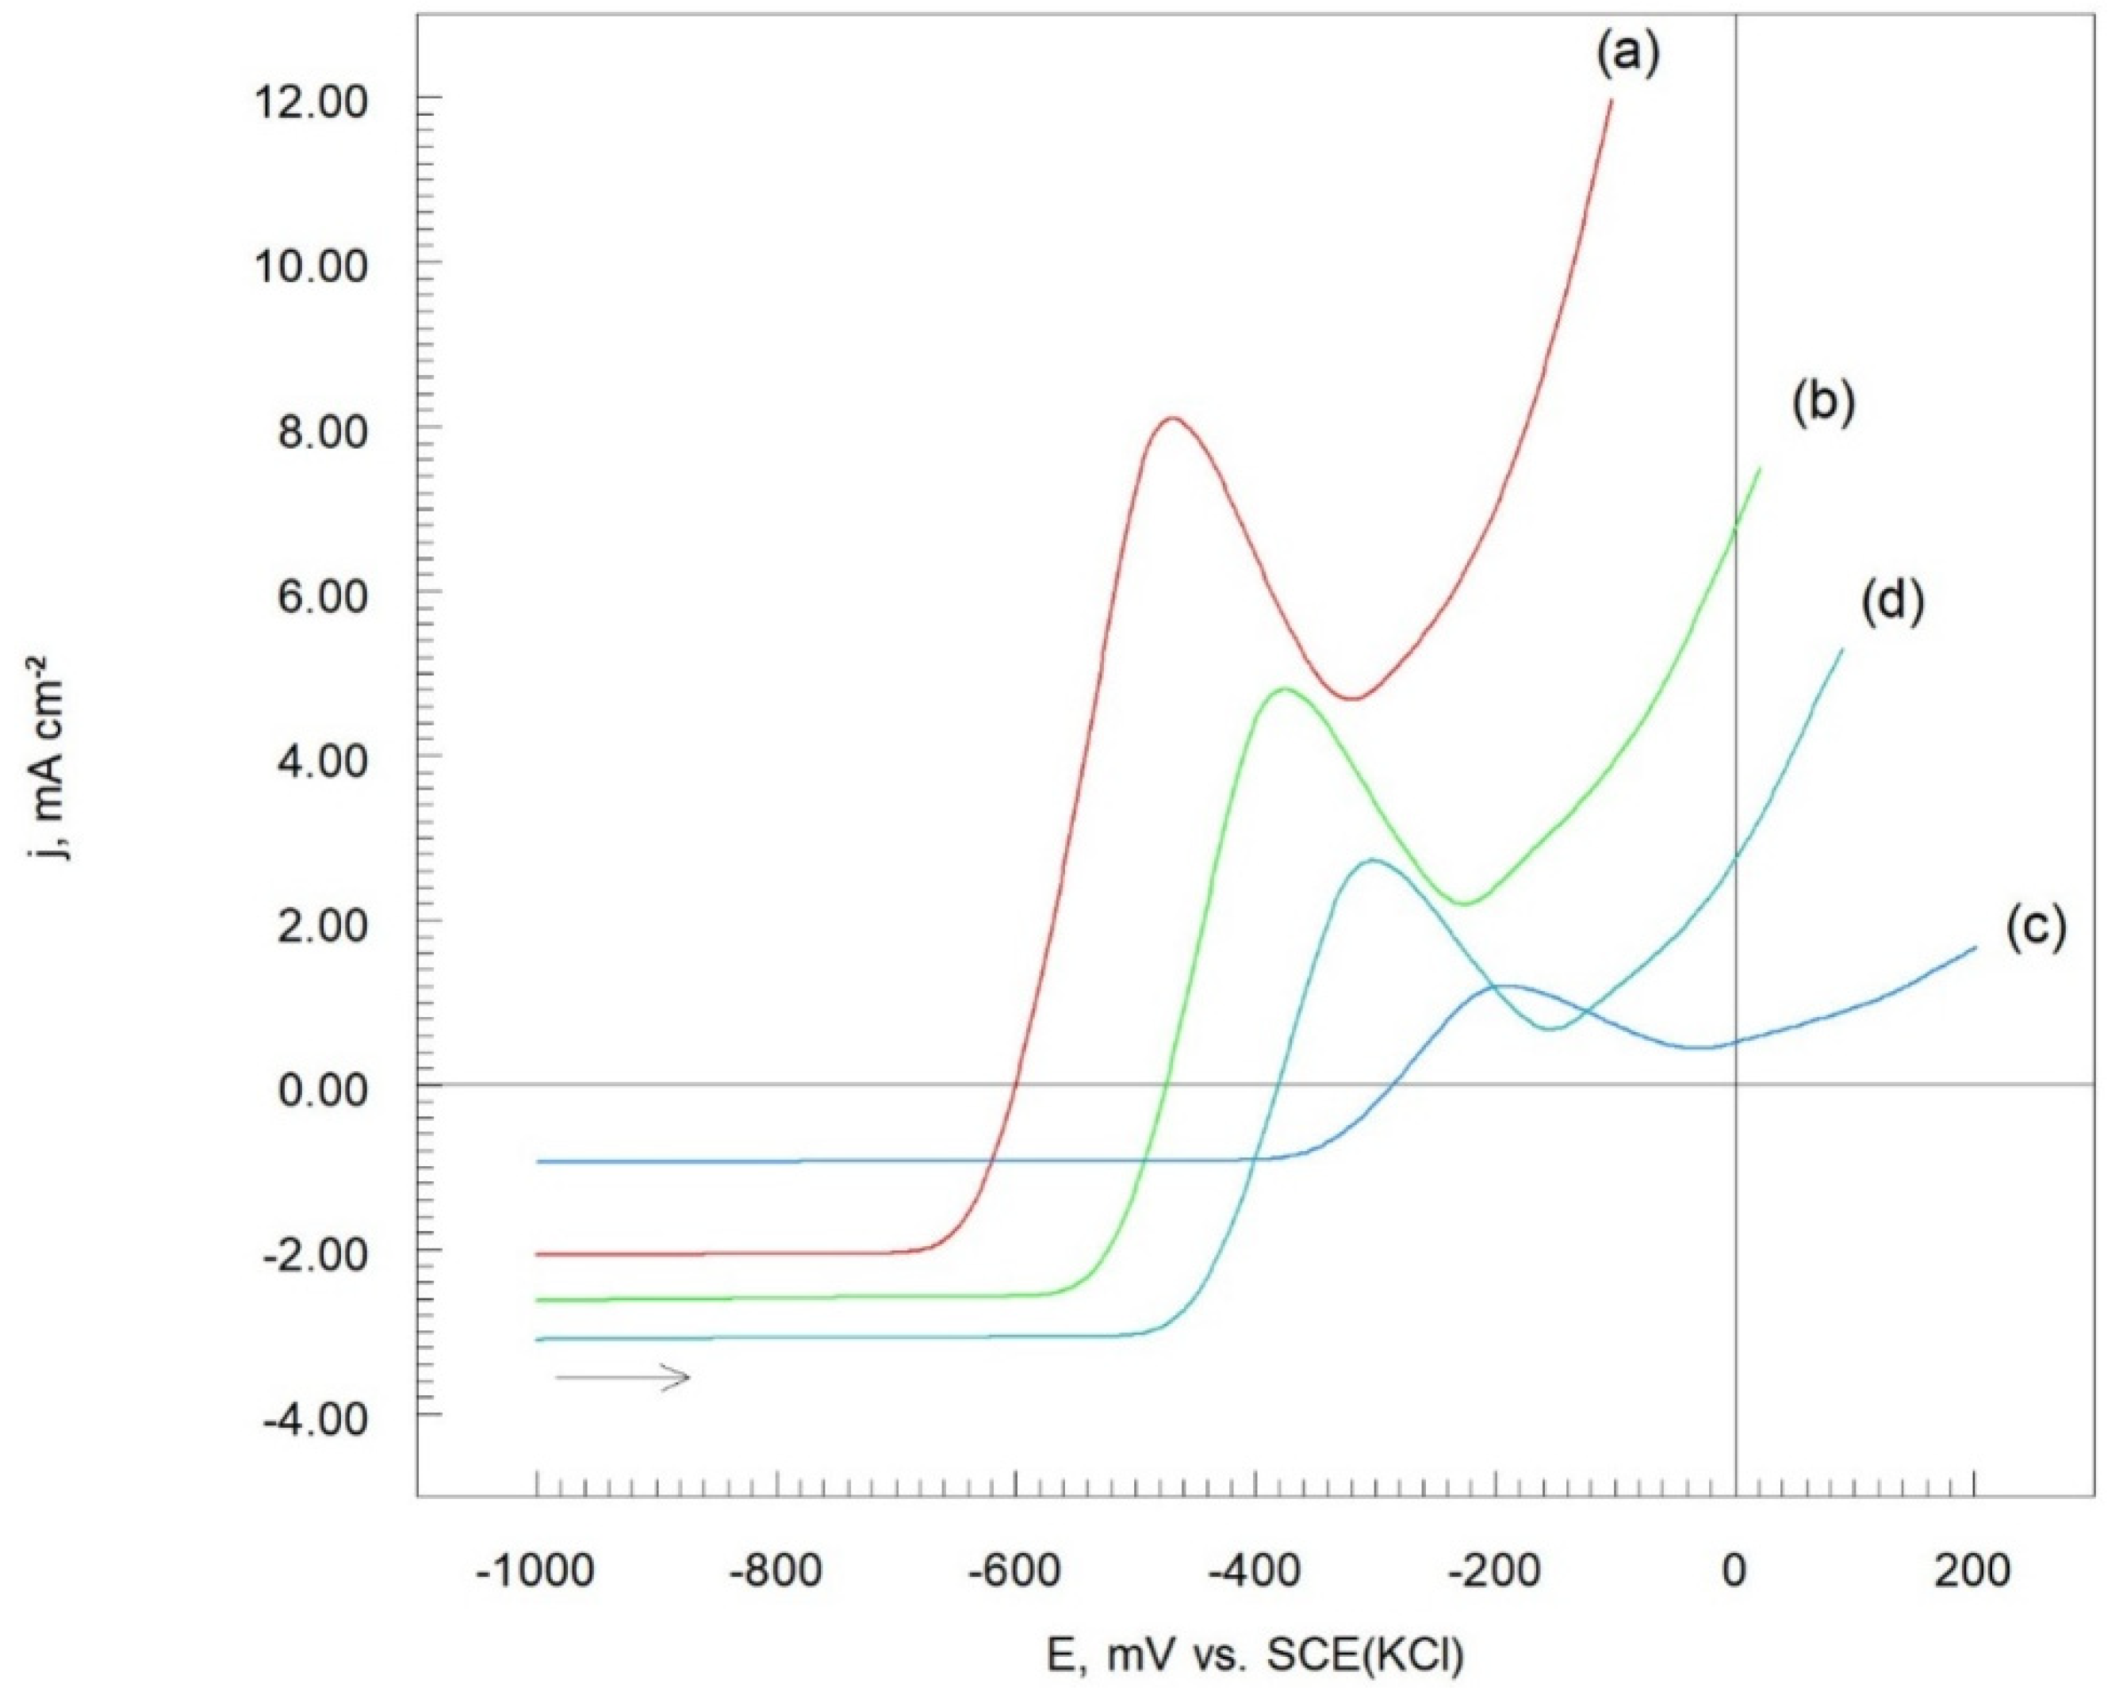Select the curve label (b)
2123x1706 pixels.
tap(1822, 404)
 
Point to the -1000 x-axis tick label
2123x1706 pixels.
tap(535, 1572)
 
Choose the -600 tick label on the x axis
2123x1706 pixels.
tap(1015, 1572)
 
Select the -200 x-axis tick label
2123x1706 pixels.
tap(1495, 1572)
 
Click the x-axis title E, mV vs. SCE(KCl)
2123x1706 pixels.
tap(1255, 1656)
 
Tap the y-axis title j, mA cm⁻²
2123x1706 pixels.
tap(54, 757)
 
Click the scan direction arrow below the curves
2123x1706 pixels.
tap(623, 1377)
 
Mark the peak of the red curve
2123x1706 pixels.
tap(1172, 419)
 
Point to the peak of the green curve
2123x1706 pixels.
tap(1284, 689)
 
